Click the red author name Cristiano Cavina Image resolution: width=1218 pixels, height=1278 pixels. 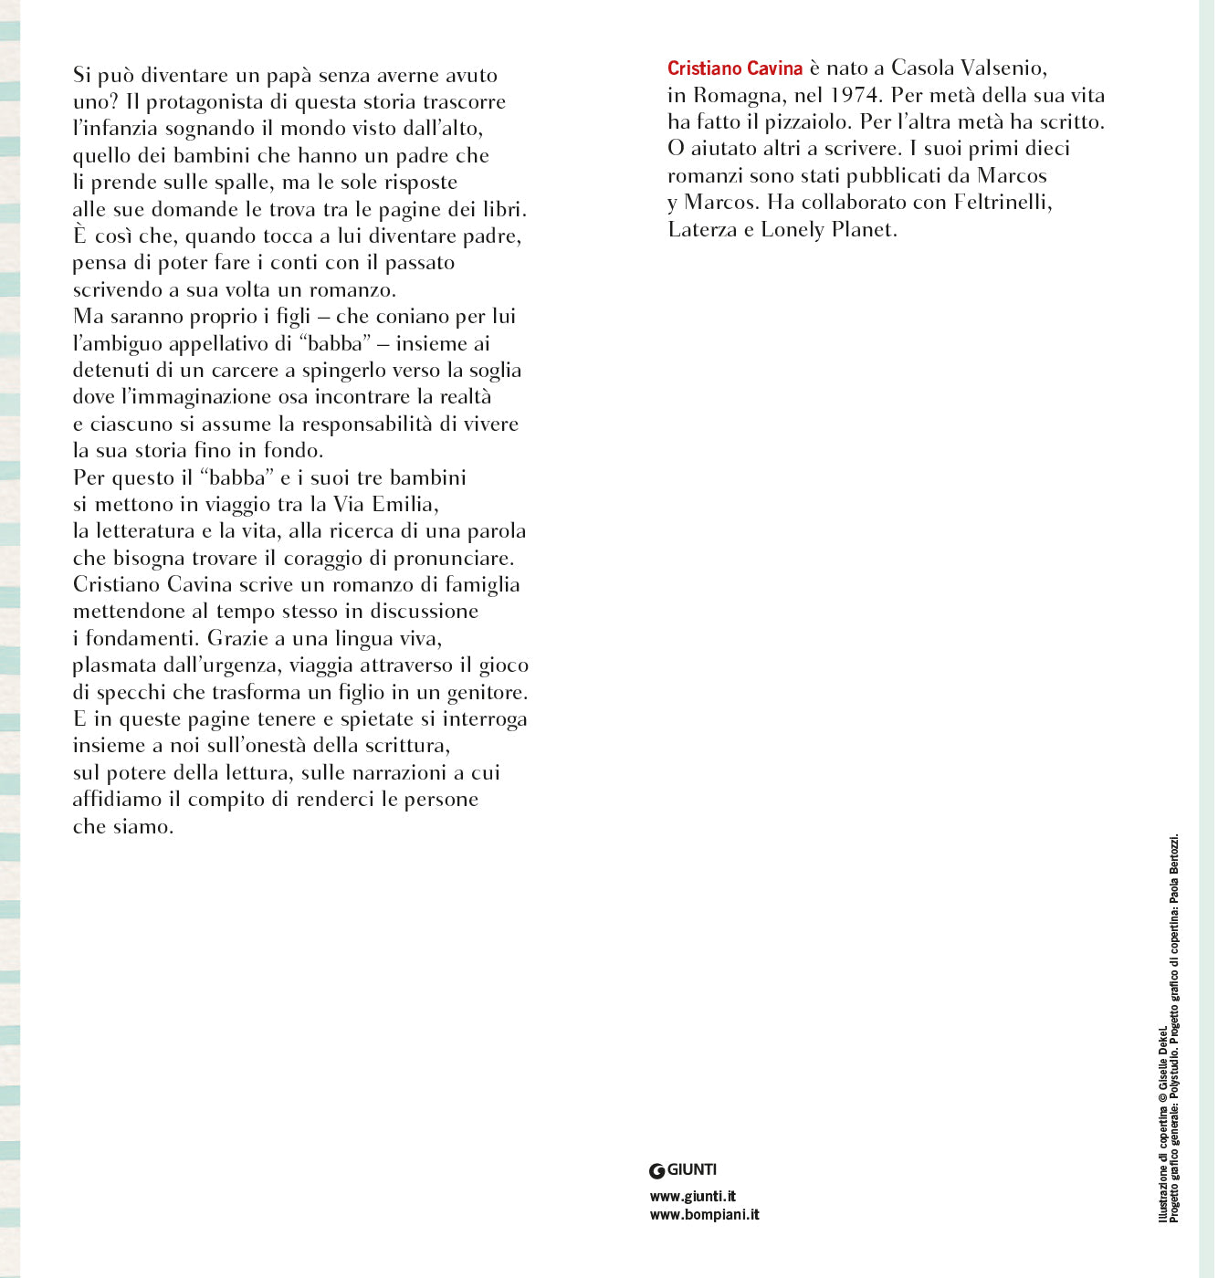[735, 68]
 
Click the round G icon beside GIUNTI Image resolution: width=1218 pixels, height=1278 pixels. [656, 1171]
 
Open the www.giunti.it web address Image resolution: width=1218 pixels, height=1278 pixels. [693, 1196]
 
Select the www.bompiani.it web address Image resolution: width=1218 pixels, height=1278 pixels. [704, 1214]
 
